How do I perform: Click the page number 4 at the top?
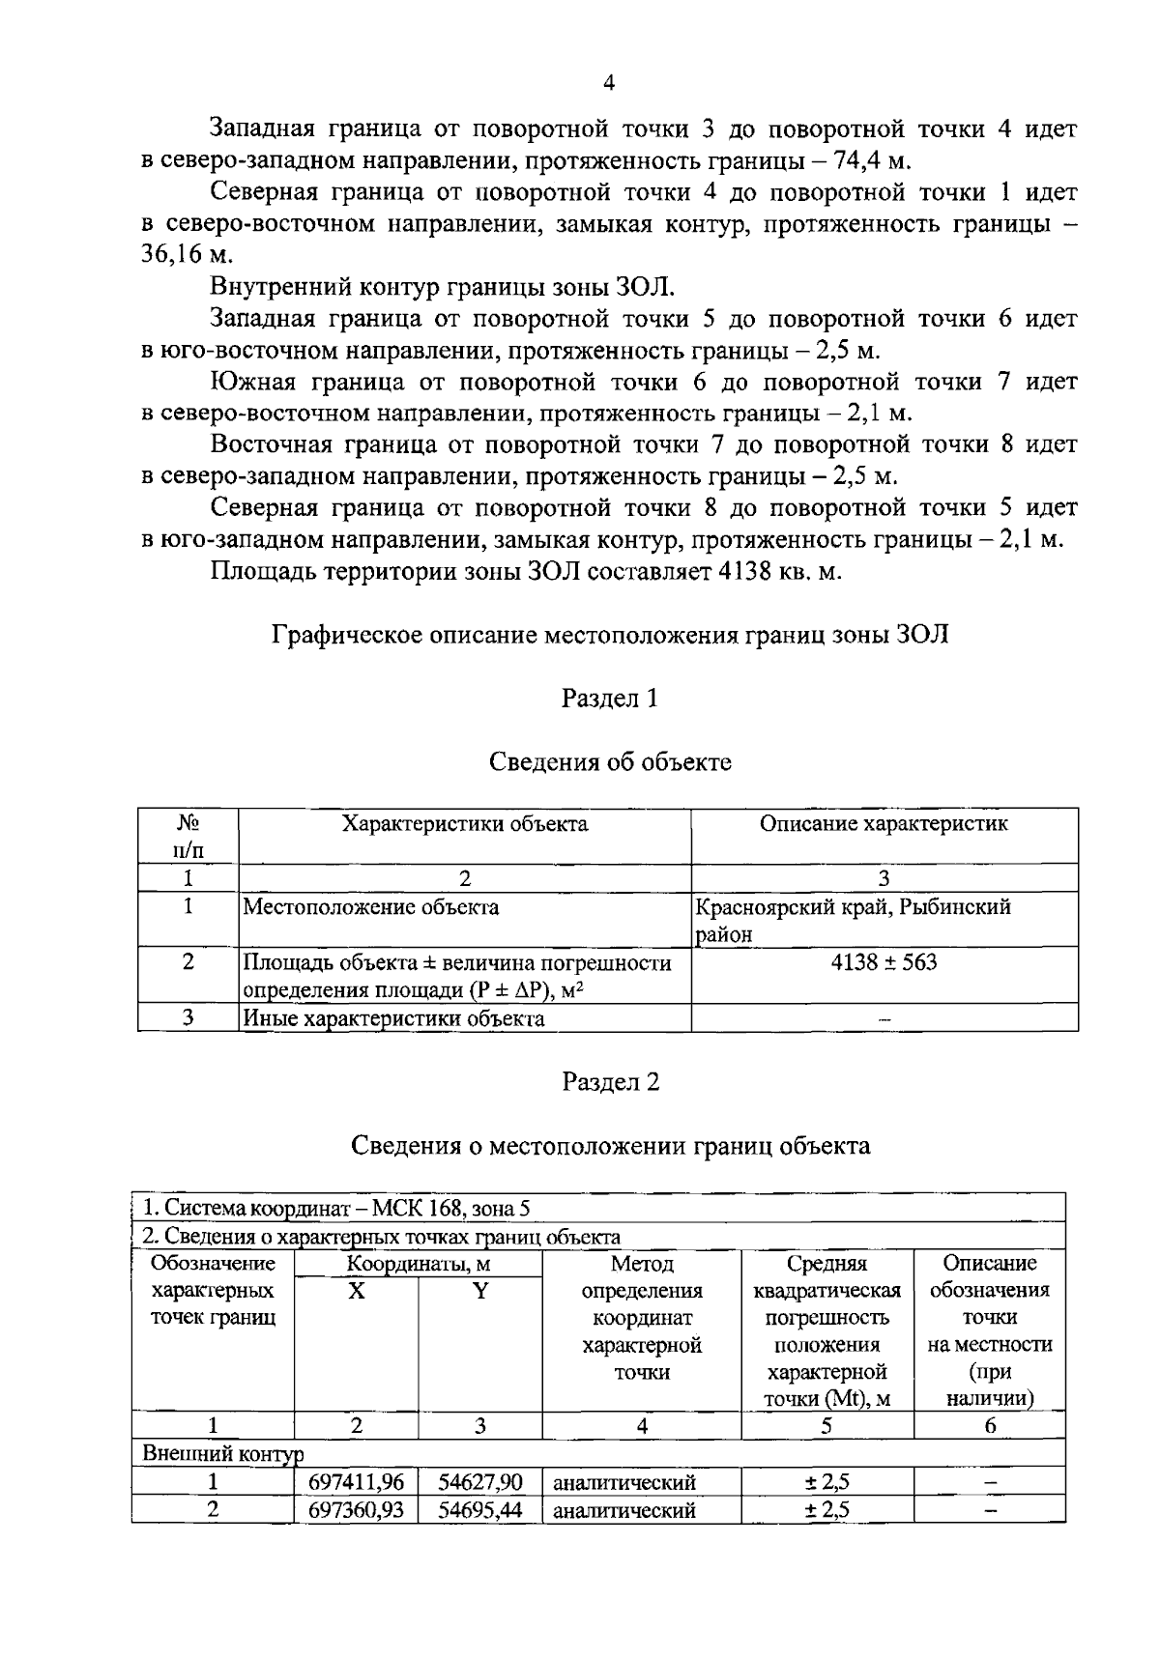609,83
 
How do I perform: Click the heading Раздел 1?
609,699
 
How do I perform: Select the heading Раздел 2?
610,1082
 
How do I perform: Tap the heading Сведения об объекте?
609,762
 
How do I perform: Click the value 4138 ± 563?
884,962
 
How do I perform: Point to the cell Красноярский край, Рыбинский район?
853,920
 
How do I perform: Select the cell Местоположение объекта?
371,907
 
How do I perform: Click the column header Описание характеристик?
884,824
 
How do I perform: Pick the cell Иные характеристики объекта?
393,1018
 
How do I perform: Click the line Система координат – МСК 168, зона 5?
336,1209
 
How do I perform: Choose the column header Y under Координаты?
479,1291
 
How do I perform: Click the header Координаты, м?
419,1264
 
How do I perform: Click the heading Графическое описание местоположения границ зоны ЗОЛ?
611,635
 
